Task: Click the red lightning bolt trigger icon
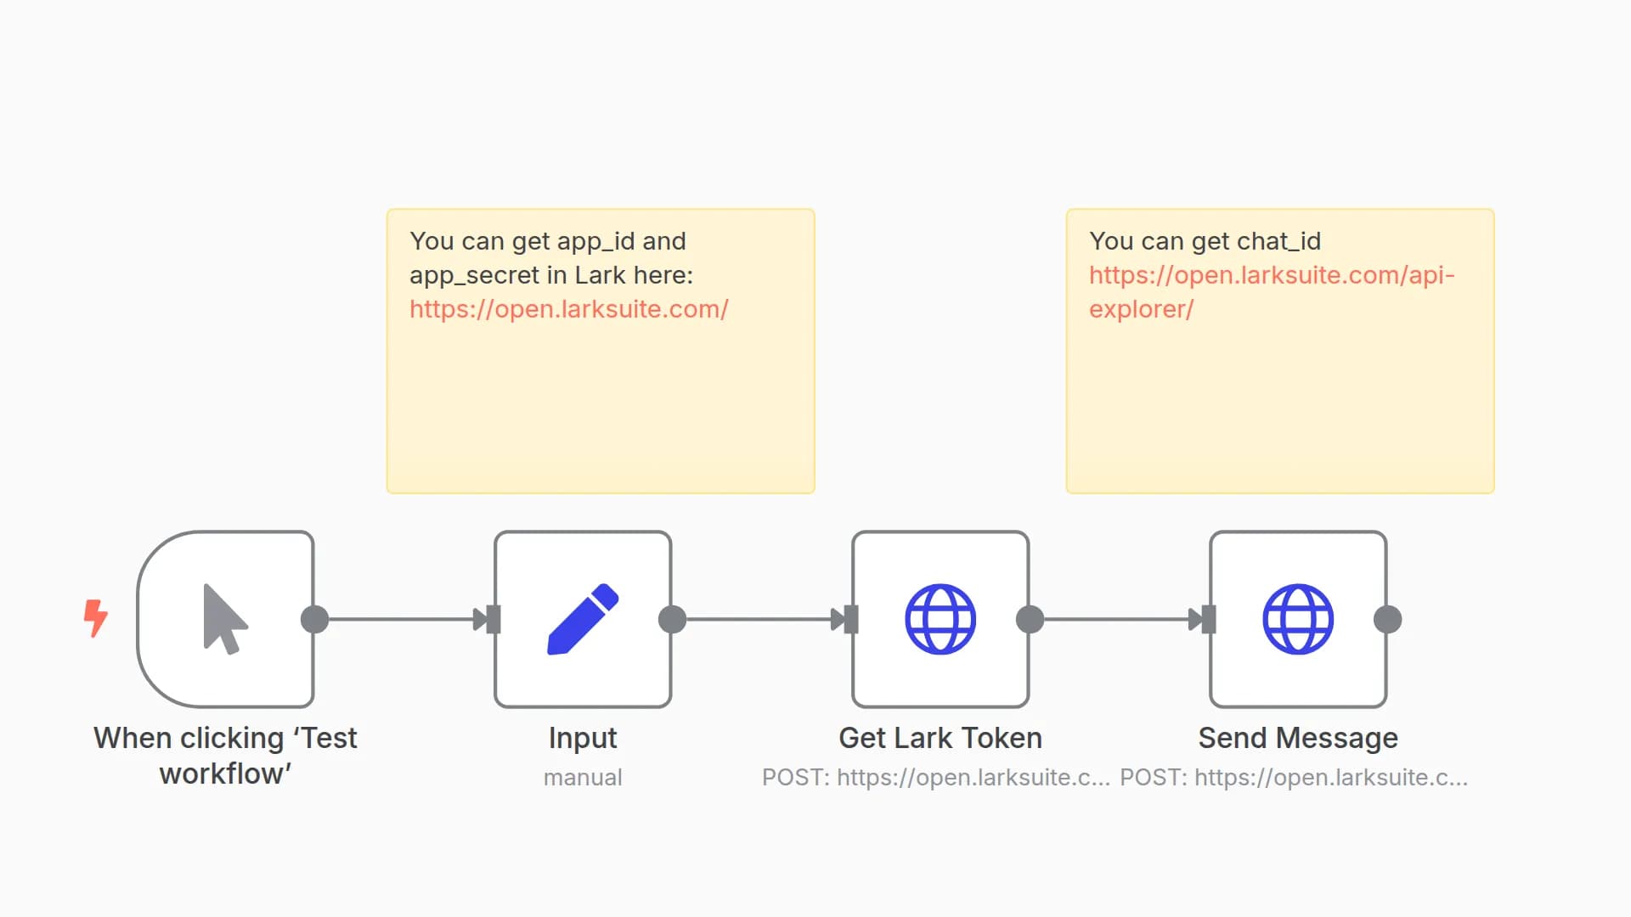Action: [95, 618]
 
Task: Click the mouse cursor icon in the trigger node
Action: [224, 619]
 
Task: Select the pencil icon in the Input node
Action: [583, 619]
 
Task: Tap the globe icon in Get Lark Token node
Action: [940, 619]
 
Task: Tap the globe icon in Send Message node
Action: [1298, 619]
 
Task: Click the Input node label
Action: [583, 738]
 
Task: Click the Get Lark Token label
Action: [940, 738]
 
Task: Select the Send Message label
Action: [1298, 738]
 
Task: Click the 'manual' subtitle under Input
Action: [583, 777]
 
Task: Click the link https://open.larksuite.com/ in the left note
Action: [568, 309]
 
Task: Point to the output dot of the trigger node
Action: [314, 619]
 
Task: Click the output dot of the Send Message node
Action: [1387, 619]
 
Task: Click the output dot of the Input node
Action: [672, 619]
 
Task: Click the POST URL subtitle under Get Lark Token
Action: [935, 777]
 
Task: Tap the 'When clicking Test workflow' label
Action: [225, 755]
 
